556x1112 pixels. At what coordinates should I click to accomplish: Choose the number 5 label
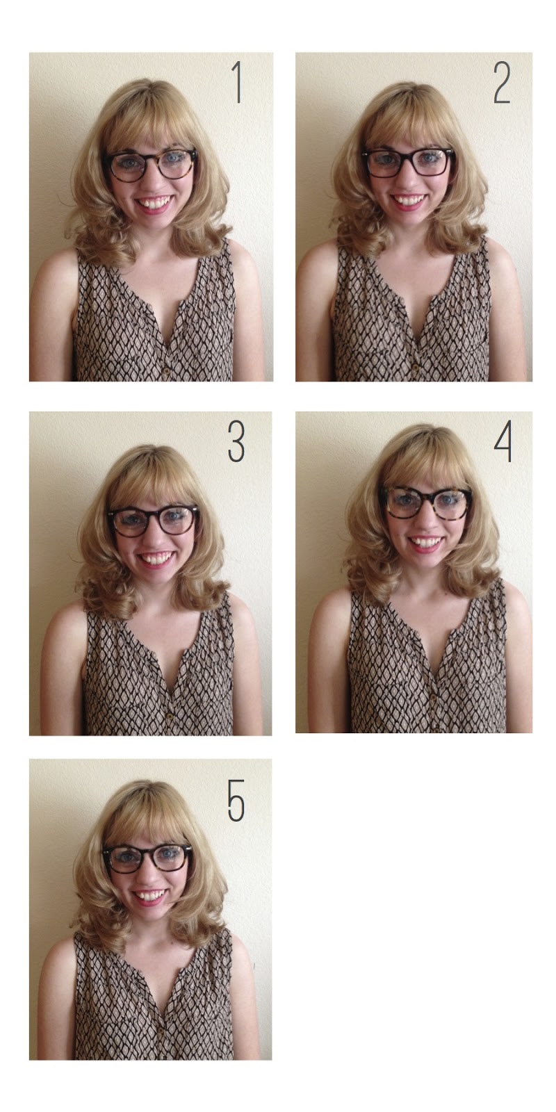(x=236, y=800)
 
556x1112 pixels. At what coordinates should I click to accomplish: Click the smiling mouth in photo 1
(x=156, y=204)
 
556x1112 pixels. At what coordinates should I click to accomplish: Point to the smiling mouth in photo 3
(x=156, y=559)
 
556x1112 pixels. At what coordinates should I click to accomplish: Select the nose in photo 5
(x=148, y=878)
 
